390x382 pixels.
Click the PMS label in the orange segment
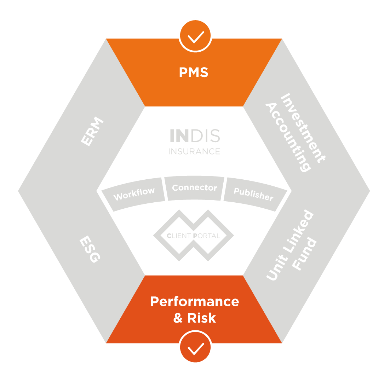tap(194, 73)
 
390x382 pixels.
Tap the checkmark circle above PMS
tap(195, 36)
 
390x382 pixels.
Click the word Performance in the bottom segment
tap(195, 302)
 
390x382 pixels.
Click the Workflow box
tap(134, 194)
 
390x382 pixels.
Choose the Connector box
tap(194, 188)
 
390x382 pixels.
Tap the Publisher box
tap(253, 194)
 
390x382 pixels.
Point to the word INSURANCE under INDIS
tap(194, 151)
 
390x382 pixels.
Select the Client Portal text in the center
tap(193, 236)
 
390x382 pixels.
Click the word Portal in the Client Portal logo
tap(207, 236)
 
